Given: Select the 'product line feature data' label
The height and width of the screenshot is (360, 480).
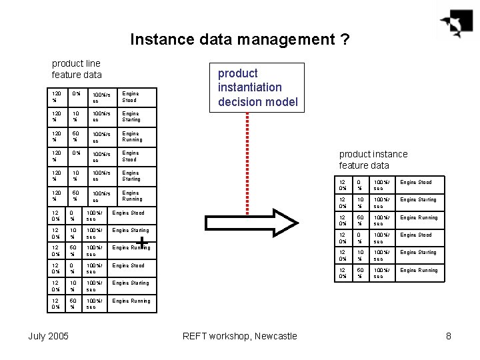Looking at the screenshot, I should click(77, 69).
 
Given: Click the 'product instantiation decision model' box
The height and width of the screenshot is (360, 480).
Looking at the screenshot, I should click(258, 87).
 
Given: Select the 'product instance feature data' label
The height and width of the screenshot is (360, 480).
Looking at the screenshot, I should click(373, 159).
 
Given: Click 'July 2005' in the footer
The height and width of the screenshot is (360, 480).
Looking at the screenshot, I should click(48, 336).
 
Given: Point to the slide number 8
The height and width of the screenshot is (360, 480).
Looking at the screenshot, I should click(449, 336).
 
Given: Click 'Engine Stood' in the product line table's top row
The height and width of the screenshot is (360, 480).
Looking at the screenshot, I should click(130, 97).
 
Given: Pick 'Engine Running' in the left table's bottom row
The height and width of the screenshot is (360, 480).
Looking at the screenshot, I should click(131, 301).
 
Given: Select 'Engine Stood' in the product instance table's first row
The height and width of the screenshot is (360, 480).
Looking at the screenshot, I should click(415, 182).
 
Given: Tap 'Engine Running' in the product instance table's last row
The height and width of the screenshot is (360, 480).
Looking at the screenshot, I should click(419, 270).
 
